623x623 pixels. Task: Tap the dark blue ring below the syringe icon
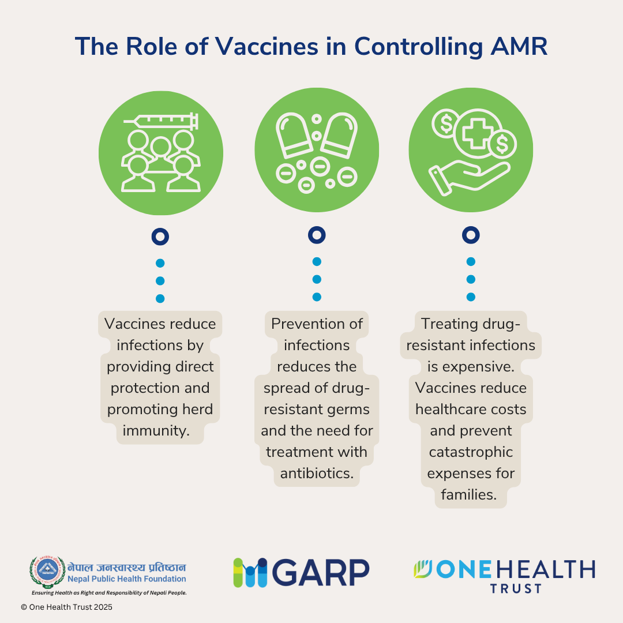160,237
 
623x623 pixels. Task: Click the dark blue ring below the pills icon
317,235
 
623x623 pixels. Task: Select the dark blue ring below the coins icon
471,235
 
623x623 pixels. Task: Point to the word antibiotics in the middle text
317,473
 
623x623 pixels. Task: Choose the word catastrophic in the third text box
470,452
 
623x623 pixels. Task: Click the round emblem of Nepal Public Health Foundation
48,572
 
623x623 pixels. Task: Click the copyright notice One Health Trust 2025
67,607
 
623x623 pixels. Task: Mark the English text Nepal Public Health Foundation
127,579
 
